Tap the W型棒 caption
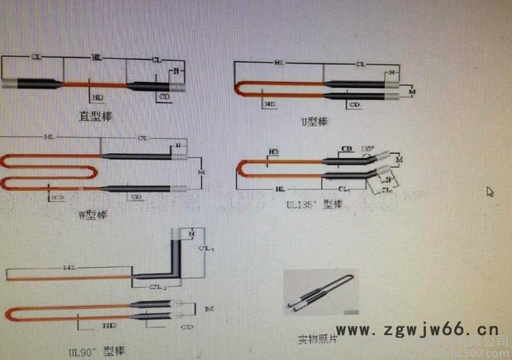tap(92, 214)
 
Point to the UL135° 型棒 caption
tap(314, 205)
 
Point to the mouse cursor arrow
tap(491, 192)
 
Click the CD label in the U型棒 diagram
tap(355, 105)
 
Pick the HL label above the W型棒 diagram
tap(49, 137)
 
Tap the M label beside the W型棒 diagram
tap(202, 172)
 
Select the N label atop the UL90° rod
tap(192, 233)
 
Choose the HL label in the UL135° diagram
tap(280, 189)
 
